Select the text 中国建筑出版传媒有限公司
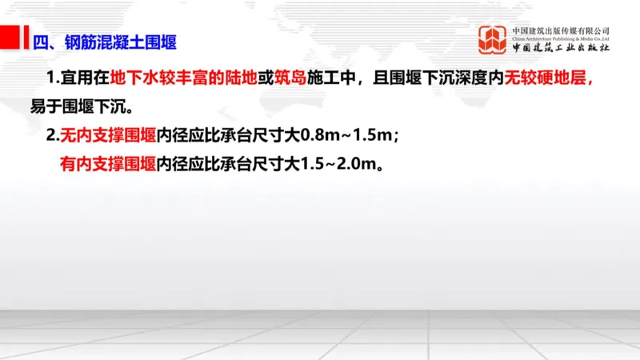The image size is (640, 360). [561, 31]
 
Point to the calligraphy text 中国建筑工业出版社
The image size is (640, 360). [561, 49]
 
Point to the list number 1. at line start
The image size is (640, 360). [54, 79]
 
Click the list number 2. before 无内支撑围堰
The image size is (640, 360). [53, 135]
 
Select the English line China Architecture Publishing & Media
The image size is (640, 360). [561, 39]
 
